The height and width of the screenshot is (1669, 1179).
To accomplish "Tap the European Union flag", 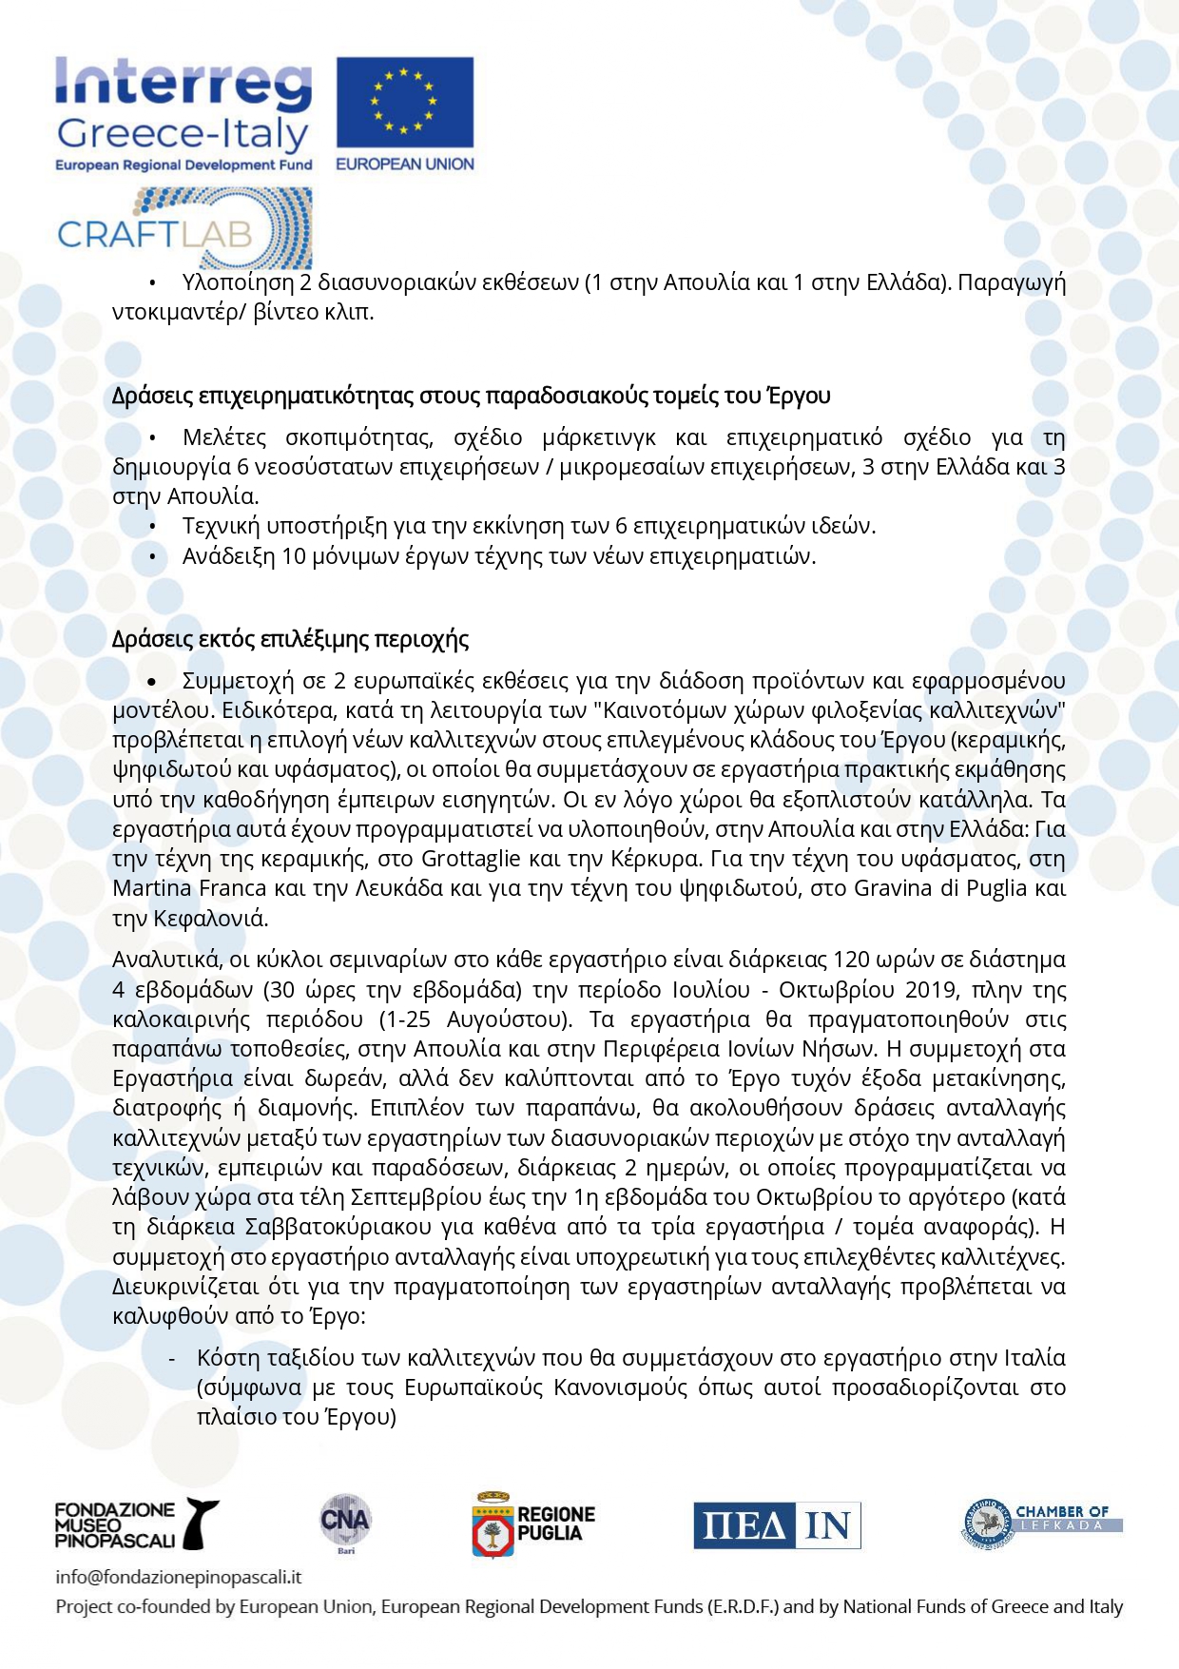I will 404,103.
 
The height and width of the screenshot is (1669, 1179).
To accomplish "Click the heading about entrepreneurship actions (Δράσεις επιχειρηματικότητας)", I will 471,396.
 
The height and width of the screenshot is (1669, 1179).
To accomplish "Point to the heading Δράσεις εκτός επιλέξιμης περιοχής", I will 290,639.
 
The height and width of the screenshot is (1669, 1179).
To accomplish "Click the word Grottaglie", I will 471,859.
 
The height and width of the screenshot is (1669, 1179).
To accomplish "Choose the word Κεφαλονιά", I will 210,919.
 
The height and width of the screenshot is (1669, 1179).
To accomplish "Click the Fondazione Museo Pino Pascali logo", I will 136,1524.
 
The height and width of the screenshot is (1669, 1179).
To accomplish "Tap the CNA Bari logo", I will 344,1523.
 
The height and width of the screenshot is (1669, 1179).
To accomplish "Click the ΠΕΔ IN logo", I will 777,1525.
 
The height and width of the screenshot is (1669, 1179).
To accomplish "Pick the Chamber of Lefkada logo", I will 1040,1522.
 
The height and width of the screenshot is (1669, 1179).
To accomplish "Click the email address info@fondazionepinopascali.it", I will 179,1577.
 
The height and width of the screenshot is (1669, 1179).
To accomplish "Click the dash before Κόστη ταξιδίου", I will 172,1358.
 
